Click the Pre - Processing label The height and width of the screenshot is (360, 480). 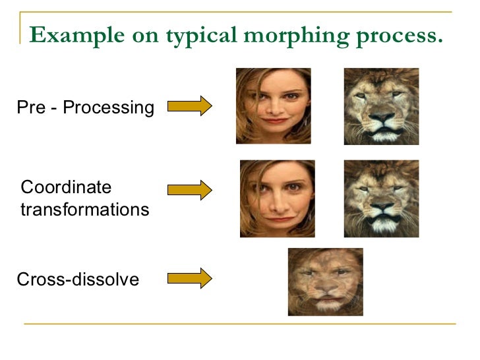86,107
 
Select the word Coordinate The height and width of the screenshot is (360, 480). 67,187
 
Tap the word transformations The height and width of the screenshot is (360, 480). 85,210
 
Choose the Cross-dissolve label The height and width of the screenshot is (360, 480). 78,280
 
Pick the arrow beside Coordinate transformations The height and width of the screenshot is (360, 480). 189,191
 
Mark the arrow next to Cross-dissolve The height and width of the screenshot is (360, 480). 189,278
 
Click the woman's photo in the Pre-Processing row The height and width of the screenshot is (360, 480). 274,106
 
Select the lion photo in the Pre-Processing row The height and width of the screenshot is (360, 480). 381,106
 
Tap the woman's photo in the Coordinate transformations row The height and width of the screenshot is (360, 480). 277,198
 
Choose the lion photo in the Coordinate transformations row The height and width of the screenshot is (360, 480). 381,198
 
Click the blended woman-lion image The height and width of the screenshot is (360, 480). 325,282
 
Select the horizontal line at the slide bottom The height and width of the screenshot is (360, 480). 240,323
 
